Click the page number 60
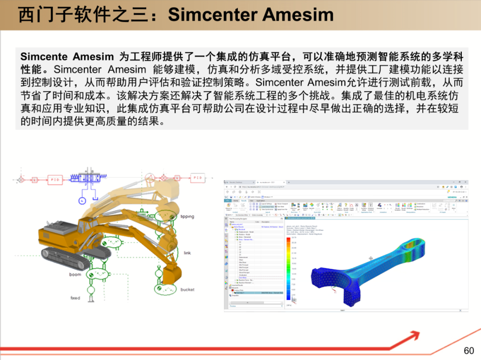tap(469, 351)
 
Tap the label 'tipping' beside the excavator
tap(187, 217)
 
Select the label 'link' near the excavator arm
tap(187, 253)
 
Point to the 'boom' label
tap(75, 275)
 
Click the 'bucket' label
tap(187, 290)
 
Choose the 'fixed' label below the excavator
tap(75, 298)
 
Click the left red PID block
tap(54, 179)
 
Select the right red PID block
tap(197, 178)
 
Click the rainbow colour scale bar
tap(287, 267)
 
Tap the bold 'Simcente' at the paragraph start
tap(44, 57)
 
